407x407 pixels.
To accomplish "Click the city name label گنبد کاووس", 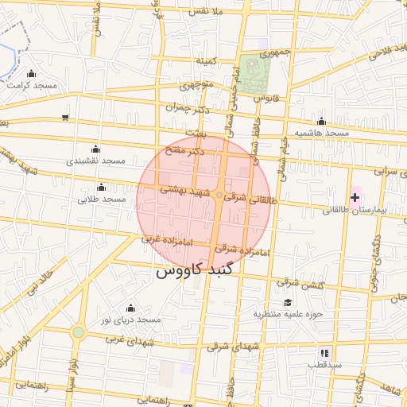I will pyautogui.click(x=194, y=270).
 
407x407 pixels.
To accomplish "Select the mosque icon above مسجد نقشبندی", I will pyautogui.click(x=96, y=148).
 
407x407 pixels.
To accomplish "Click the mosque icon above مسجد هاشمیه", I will pyautogui.click(x=321, y=122).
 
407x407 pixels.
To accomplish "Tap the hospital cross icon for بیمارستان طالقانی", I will pyautogui.click(x=355, y=196).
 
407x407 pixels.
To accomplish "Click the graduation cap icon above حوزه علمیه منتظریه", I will pyautogui.click(x=287, y=302).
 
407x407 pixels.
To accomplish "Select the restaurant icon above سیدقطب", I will pyautogui.click(x=324, y=353).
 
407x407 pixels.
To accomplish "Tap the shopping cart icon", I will pyautogui.click(x=65, y=118).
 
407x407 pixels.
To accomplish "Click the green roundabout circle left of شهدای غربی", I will pyautogui.click(x=78, y=332).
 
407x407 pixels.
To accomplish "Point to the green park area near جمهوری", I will pyautogui.click(x=257, y=73).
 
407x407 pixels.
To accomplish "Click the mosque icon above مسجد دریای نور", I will pyautogui.click(x=130, y=308).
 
